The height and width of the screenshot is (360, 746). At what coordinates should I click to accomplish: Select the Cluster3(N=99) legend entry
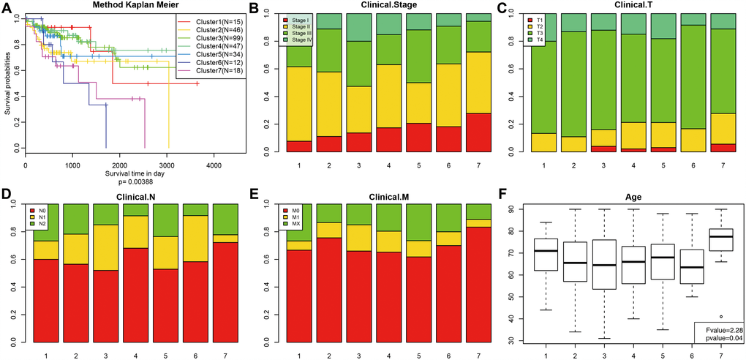coord(208,37)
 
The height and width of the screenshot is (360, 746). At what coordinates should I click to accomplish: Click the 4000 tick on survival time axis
coord(214,166)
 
